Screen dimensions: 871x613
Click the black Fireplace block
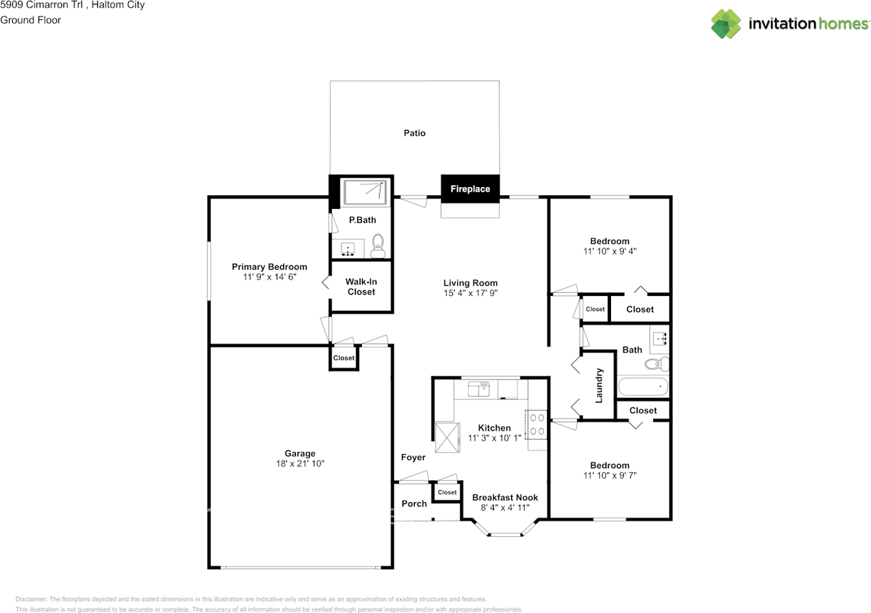[470, 189]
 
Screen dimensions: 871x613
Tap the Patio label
[414, 133]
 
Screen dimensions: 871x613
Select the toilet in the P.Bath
[378, 246]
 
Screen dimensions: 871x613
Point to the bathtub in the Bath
[643, 386]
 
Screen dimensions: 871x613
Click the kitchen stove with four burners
[536, 425]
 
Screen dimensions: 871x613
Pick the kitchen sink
[478, 388]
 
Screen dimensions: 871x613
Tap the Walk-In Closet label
[361, 286]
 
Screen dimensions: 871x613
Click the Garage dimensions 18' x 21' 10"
[300, 463]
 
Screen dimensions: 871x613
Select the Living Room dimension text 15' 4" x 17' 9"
[470, 293]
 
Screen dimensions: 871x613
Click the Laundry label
[599, 386]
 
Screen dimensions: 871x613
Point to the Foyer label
[413, 457]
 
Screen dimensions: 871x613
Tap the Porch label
[414, 503]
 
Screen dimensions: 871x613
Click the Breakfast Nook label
[505, 497]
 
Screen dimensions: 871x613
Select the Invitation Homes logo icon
[726, 24]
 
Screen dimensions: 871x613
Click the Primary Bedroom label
[269, 267]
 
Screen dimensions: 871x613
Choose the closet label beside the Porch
[447, 492]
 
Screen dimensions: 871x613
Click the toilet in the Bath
[657, 364]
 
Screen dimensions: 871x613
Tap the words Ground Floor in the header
[31, 20]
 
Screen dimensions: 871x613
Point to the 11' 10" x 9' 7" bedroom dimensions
[610, 476]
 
